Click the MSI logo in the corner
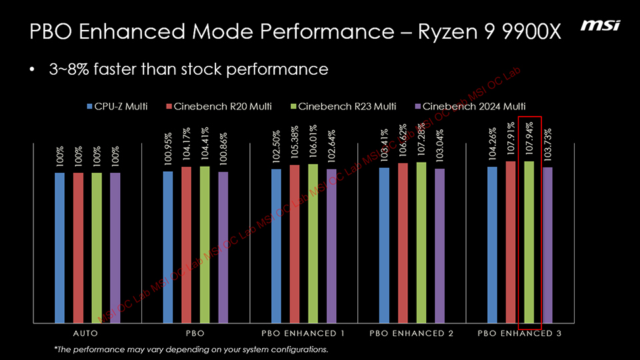point(600,25)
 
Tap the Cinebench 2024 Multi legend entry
point(469,106)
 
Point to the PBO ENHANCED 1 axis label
point(303,333)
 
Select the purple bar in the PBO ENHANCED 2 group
point(439,246)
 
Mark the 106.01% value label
point(313,142)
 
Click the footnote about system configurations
point(191,349)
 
